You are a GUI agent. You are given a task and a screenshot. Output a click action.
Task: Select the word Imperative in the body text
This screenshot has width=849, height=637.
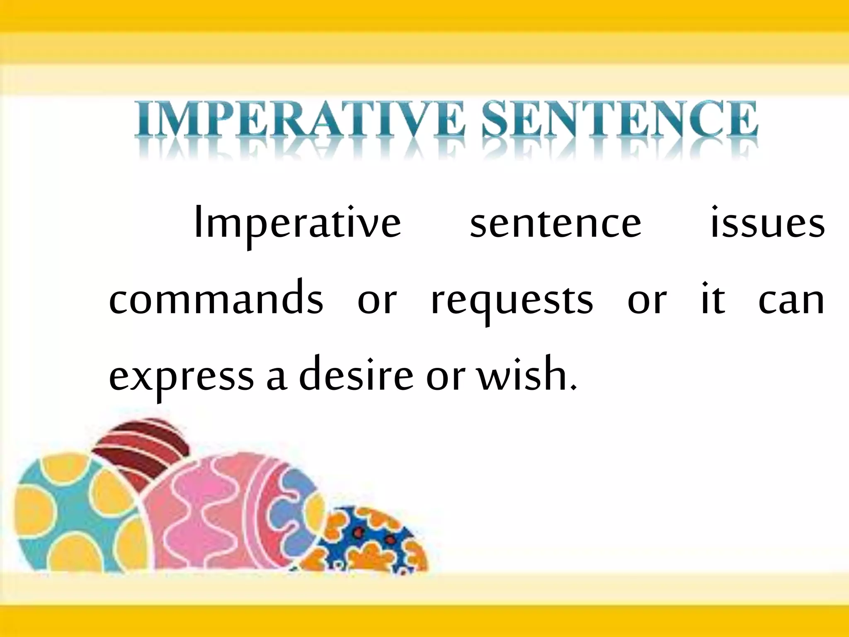297,224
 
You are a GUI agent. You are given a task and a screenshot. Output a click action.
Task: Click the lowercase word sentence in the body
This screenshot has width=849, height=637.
555,224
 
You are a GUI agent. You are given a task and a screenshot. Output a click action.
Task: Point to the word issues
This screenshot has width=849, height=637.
767,224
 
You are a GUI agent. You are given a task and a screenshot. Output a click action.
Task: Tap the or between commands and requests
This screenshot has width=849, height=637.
377,301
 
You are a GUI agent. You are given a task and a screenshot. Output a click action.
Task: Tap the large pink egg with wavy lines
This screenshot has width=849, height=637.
224,514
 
